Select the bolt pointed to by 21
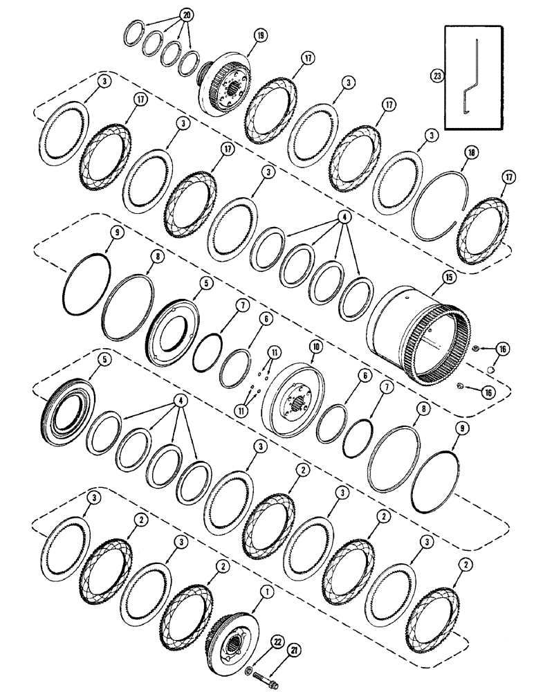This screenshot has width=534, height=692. [266, 671]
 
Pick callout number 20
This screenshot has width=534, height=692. [167, 13]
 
